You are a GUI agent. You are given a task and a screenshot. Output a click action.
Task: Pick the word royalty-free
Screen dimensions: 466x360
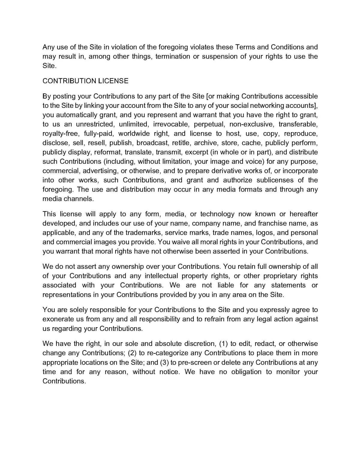[60, 134]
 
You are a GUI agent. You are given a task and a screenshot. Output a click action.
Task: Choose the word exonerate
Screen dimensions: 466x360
[58, 319]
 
